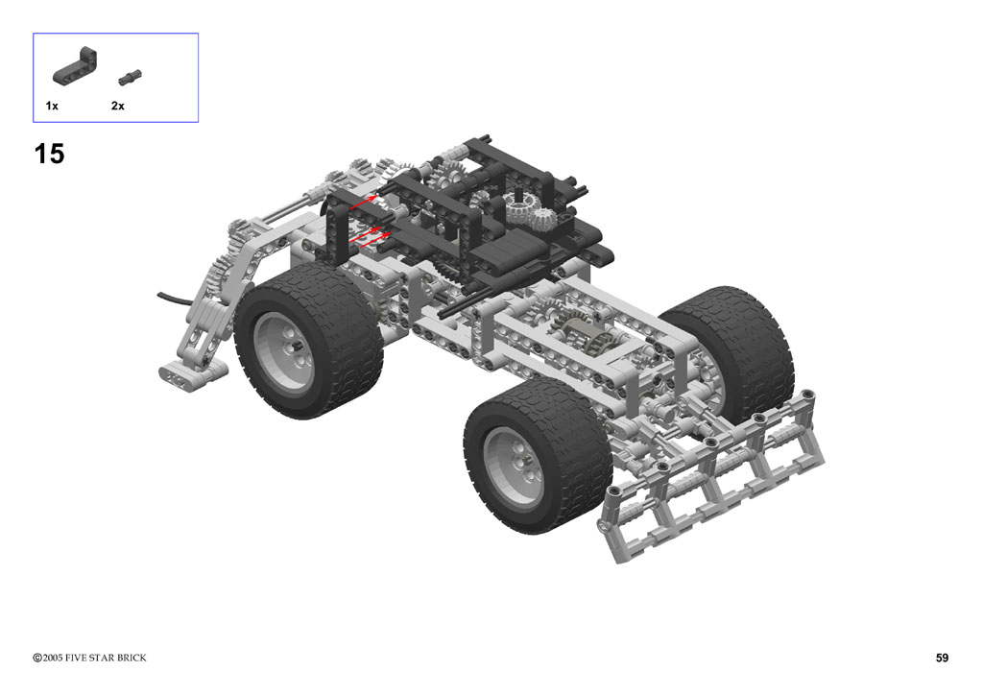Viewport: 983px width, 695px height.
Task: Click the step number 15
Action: [x=49, y=155]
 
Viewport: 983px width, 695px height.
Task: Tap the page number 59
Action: [x=942, y=658]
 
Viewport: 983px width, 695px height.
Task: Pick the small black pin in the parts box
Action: [x=130, y=77]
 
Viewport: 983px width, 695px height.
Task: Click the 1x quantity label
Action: [x=52, y=106]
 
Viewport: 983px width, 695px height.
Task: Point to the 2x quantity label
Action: [x=118, y=106]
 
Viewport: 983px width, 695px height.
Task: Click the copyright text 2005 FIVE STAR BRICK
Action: [x=95, y=658]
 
